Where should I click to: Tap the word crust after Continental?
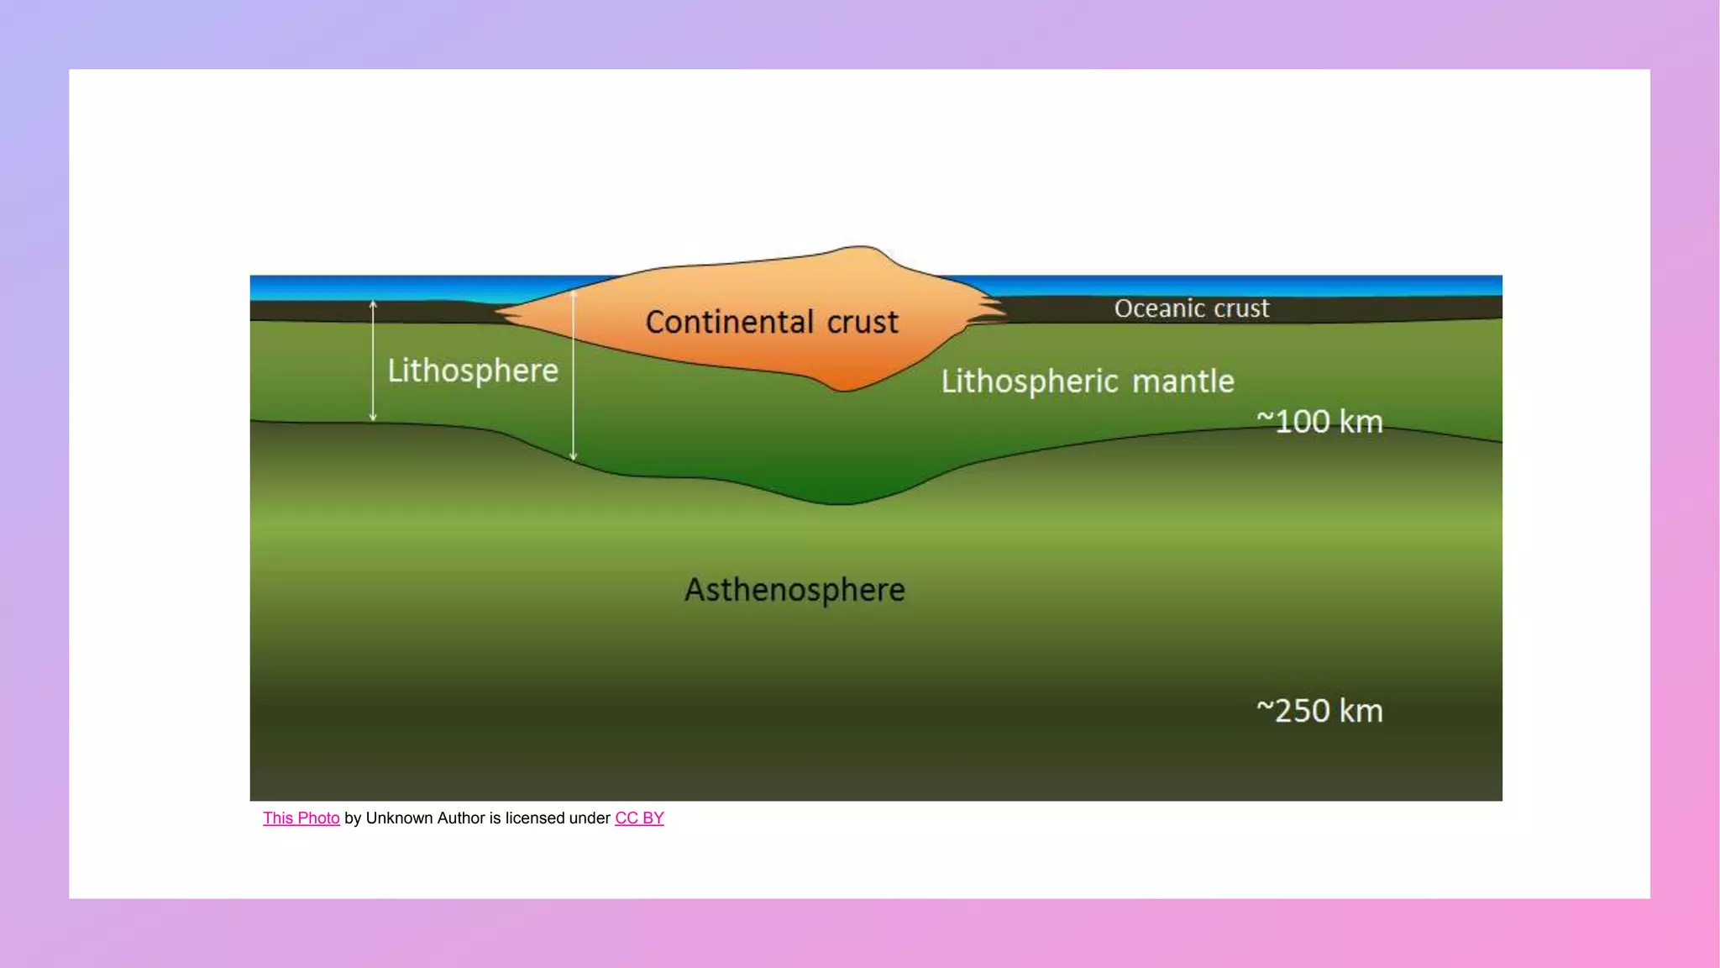(x=863, y=322)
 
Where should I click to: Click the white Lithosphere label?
(x=473, y=371)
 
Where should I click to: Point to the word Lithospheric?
(x=1030, y=381)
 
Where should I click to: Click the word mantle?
(x=1183, y=381)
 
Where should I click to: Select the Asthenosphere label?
(x=794, y=590)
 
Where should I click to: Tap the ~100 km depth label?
(x=1319, y=422)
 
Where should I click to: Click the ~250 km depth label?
(x=1319, y=711)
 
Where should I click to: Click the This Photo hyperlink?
(x=301, y=818)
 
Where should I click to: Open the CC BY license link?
(x=639, y=818)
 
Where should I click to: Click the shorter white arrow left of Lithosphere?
(x=374, y=361)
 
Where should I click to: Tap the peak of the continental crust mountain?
(x=861, y=248)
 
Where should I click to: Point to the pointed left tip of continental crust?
(x=499, y=313)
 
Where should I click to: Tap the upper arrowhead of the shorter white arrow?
(x=374, y=304)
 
